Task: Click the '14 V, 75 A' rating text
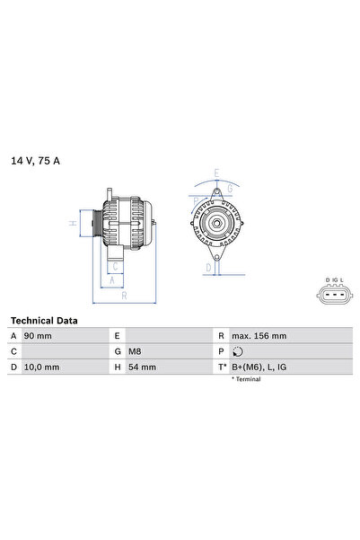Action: tap(36, 161)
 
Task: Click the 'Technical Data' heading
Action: tap(44, 320)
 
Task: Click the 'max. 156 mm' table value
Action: tap(260, 335)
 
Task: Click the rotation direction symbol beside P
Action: tap(238, 351)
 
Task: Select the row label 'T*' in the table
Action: tap(221, 367)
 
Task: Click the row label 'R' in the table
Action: tap(220, 335)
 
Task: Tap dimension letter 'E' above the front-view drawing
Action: tap(216, 173)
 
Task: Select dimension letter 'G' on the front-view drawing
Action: tap(230, 188)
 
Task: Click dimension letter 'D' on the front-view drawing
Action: tap(208, 267)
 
